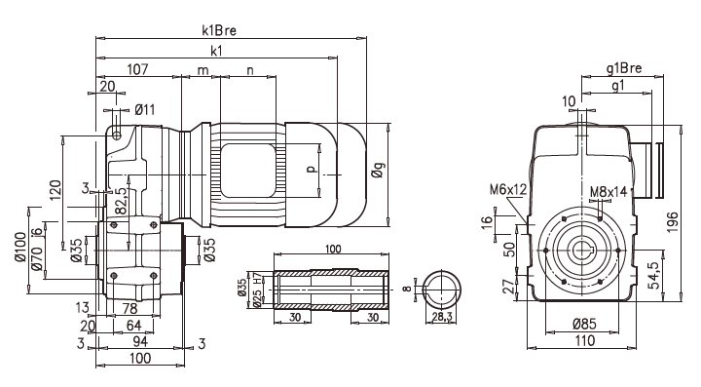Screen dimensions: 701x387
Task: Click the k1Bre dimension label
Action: tap(219, 30)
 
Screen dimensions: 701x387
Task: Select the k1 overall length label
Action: tap(216, 51)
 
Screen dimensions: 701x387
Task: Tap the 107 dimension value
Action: tap(137, 69)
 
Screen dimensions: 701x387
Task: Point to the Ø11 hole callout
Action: tap(145, 109)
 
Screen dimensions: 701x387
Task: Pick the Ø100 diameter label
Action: tap(20, 247)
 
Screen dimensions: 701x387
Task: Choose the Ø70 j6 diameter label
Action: tap(37, 250)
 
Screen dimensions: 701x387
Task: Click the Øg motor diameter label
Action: tap(378, 170)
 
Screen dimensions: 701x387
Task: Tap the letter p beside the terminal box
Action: tap(313, 169)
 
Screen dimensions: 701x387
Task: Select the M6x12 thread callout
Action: tap(508, 190)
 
